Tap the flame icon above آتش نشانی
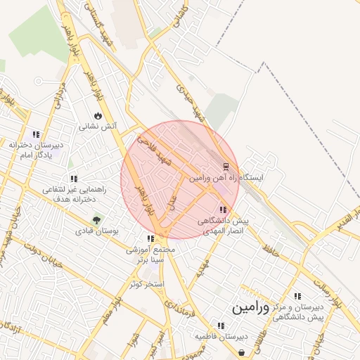click(x=98, y=116)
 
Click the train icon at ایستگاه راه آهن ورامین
click(x=226, y=167)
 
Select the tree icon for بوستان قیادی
click(x=96, y=219)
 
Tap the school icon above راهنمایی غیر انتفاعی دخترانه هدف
click(x=74, y=179)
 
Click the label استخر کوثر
click(x=146, y=283)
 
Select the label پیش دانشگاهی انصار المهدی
click(x=223, y=225)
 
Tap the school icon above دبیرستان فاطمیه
click(x=221, y=326)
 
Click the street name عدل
click(x=171, y=202)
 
